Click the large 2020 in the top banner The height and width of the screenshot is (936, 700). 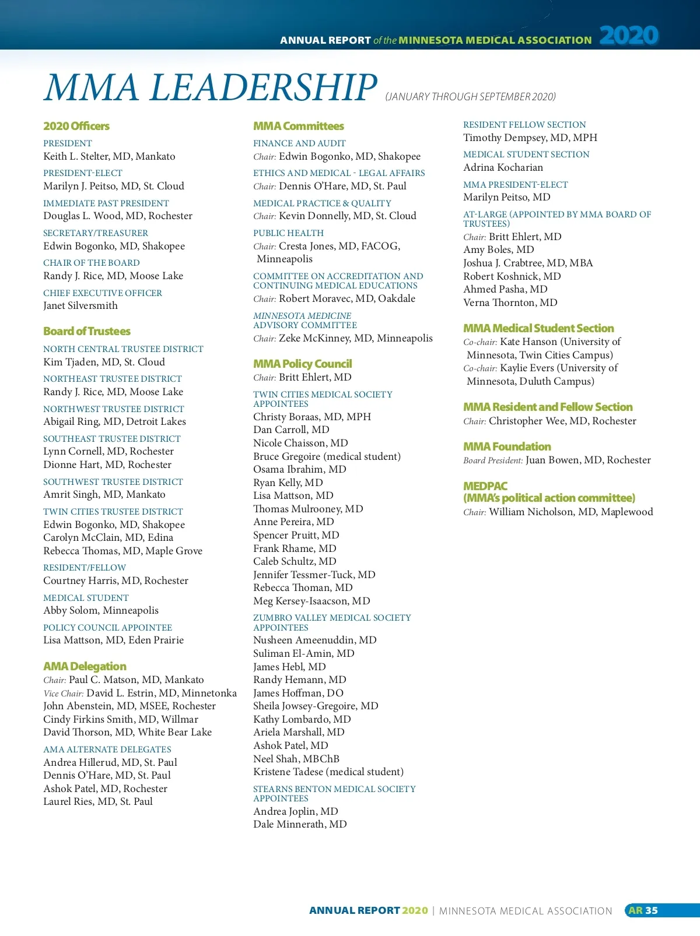[629, 36]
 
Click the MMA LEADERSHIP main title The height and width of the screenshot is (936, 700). [210, 87]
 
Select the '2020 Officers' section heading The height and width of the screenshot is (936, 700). [76, 126]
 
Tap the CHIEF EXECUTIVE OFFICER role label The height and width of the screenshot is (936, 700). [103, 293]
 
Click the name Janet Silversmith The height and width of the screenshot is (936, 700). [80, 305]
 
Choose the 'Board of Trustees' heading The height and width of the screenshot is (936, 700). [87, 331]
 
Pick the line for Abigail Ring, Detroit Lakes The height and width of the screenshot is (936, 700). [114, 421]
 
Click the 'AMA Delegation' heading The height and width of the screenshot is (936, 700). [85, 666]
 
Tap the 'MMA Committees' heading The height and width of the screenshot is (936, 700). [299, 126]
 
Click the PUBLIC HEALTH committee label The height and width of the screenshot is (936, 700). [288, 233]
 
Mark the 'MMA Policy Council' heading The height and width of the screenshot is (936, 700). [303, 364]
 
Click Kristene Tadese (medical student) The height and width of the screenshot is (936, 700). [328, 772]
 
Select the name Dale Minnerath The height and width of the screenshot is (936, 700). [300, 824]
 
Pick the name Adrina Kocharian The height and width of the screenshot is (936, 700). [503, 167]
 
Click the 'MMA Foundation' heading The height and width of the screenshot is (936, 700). [507, 446]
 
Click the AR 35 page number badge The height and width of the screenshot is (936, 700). [643, 910]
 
